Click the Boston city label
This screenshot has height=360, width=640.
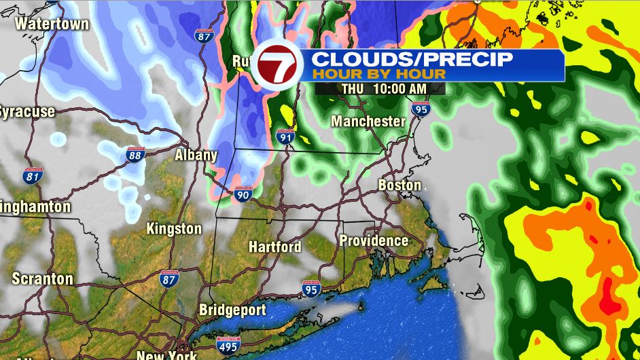pos(399,185)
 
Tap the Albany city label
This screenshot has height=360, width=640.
pos(196,155)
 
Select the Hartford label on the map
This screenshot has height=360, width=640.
pos(274,247)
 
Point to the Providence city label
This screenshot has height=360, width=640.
pos(374,241)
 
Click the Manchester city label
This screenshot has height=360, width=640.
pos(368,122)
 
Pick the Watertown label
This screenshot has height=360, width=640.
pos(52,24)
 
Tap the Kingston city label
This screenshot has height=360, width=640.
pos(174,229)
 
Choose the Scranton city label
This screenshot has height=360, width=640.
pos(42,279)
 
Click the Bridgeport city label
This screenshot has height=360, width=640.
pos(232,310)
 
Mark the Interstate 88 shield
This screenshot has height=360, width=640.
pos(136,156)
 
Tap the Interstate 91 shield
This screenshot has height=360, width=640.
pos(286,137)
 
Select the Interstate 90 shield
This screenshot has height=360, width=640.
pos(243,194)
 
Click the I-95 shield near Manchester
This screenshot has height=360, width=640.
pos(421,107)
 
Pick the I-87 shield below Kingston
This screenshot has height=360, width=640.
pos(169,278)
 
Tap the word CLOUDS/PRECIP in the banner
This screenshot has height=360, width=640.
pos(412,58)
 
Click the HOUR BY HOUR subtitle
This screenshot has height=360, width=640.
pos(379,74)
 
